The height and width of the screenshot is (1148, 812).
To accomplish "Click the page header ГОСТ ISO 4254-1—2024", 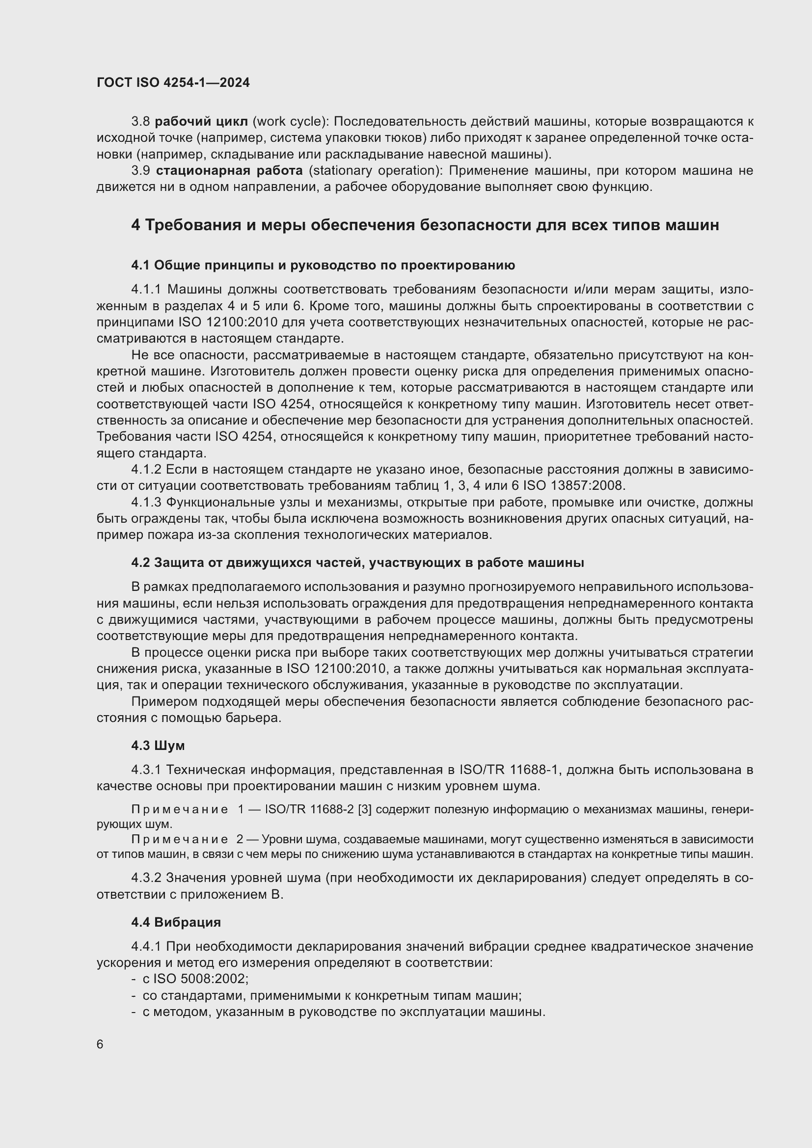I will [x=173, y=83].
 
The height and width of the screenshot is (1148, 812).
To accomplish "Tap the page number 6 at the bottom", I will [x=100, y=1044].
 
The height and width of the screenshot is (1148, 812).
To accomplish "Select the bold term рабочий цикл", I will [x=201, y=122].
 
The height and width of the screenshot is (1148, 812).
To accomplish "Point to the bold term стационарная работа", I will [x=229, y=171].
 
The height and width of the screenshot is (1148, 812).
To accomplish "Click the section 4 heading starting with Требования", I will [x=425, y=225].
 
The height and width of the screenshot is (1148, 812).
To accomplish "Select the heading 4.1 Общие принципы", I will [x=323, y=265].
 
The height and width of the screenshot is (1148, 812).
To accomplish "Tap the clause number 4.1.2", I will [x=146, y=470].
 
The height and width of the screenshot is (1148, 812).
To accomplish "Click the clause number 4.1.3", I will [x=146, y=502].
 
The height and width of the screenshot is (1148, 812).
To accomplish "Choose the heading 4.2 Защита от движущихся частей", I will [x=357, y=562].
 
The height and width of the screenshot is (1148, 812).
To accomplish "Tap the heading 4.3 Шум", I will [x=158, y=746].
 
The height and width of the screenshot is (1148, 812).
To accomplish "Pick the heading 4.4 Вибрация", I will [x=176, y=922].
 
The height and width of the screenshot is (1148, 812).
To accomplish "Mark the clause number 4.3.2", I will [x=146, y=878].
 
